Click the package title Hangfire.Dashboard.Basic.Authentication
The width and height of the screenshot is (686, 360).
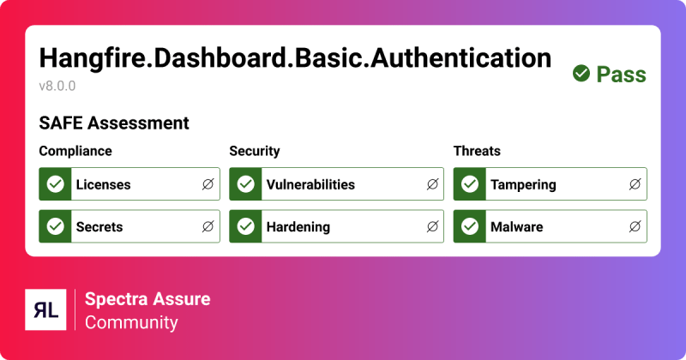295,57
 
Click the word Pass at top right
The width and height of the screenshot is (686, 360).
621,75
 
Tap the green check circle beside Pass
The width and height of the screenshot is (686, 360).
581,75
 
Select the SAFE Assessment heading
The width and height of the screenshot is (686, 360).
114,123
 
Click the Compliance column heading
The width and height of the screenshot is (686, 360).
75,151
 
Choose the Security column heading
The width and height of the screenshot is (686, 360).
255,151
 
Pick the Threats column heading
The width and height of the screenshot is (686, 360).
477,151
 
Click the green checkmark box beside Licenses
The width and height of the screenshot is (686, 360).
56,184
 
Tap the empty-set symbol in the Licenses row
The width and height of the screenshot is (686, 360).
208,184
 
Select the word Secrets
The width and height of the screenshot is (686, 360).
99,227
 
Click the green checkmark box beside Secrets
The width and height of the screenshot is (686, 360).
56,227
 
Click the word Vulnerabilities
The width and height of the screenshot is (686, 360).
310,184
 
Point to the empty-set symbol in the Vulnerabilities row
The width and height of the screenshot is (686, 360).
432,184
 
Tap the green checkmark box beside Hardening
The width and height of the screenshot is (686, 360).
246,227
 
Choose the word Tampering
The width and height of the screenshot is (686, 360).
523,184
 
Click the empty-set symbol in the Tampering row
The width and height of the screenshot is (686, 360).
635,184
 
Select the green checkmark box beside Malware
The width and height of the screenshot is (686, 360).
470,227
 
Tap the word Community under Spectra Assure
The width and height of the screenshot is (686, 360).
131,322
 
